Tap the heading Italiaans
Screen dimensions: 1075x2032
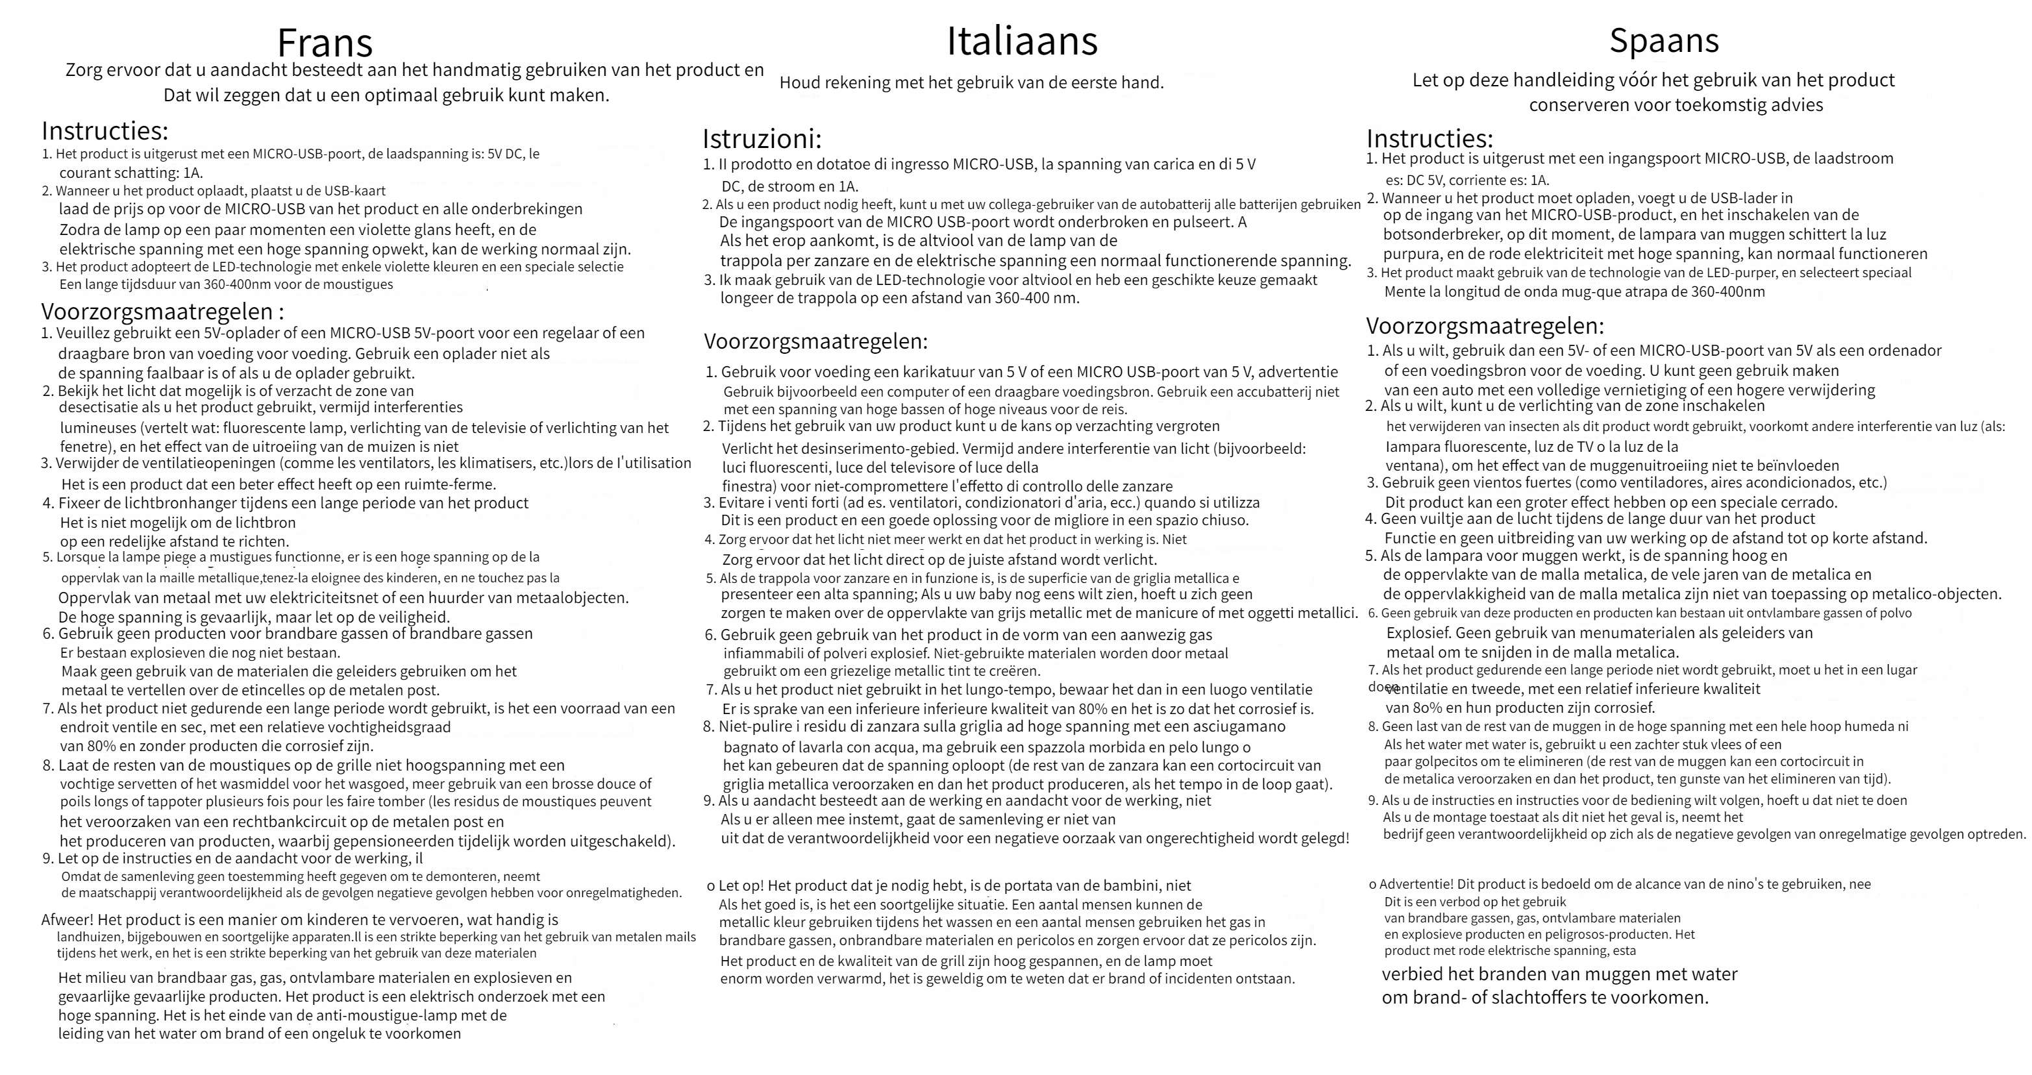click(1022, 40)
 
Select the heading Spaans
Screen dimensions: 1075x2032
click(1664, 40)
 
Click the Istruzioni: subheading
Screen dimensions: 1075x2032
click(762, 140)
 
